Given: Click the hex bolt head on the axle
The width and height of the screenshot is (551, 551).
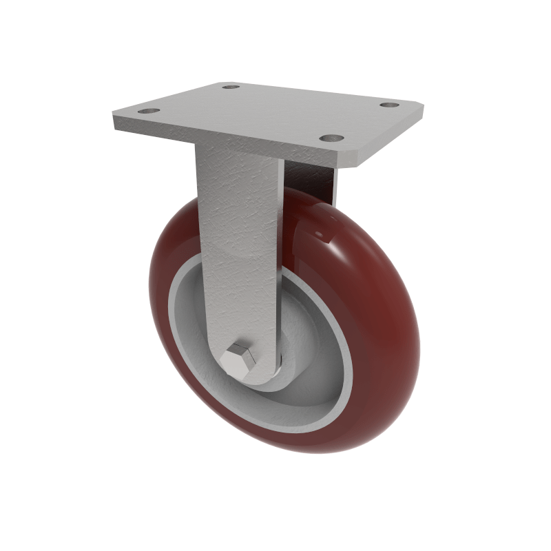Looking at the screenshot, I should click(238, 360).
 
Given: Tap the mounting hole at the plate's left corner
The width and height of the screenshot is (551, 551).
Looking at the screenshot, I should click(148, 111).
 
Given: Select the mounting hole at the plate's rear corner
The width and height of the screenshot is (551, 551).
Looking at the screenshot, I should click(231, 87).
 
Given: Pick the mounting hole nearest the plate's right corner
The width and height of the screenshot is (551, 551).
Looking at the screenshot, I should click(390, 105).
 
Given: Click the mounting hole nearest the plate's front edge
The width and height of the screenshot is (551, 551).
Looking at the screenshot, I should click(331, 138).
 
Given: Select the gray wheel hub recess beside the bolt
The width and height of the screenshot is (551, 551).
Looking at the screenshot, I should click(310, 386).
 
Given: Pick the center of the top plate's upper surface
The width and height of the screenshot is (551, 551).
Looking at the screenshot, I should click(269, 114).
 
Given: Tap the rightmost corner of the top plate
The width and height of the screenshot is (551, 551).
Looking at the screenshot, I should click(422, 109).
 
